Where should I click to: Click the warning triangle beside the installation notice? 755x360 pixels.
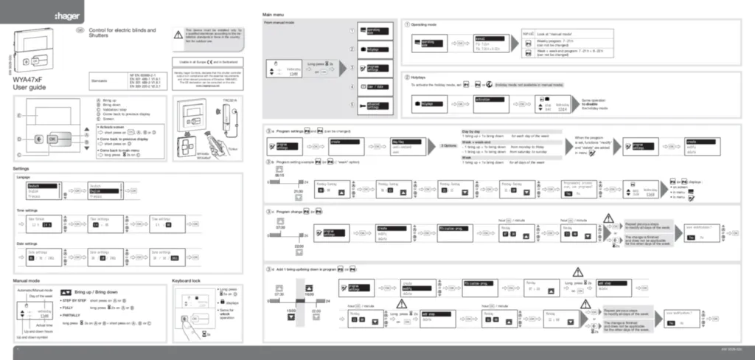coord(178,34)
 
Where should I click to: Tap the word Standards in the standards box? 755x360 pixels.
coord(99,80)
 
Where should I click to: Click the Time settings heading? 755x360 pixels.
coord(27,210)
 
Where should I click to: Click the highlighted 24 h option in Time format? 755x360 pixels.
coord(48,225)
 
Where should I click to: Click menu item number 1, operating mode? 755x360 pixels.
coord(376,32)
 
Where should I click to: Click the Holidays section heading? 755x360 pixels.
coord(421,77)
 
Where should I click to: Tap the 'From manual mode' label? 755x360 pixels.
coord(280,24)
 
